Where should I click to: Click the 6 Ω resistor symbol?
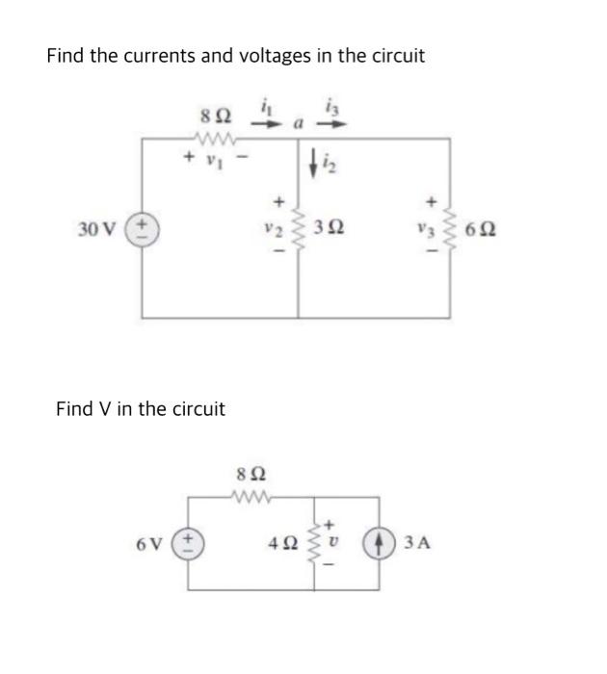click(x=449, y=229)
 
